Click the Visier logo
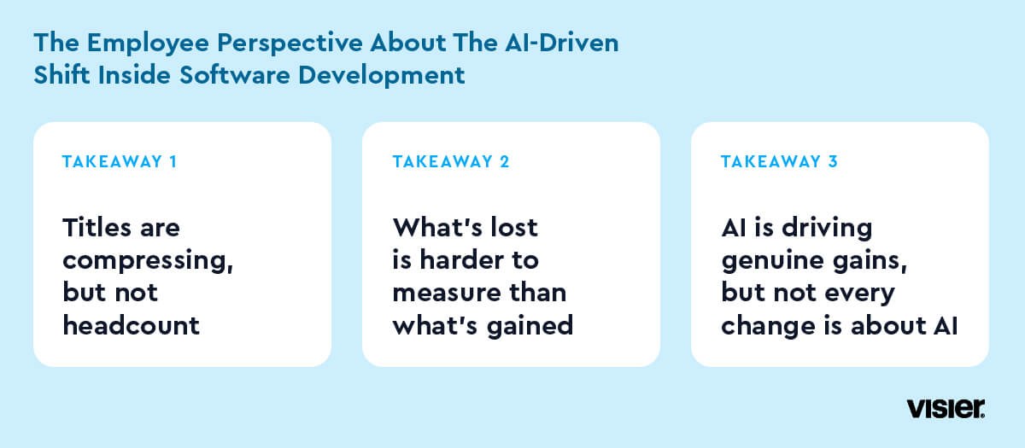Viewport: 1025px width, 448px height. [x=946, y=408]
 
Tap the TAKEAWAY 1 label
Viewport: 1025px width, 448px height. [x=120, y=162]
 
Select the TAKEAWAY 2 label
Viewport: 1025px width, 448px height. [x=451, y=162]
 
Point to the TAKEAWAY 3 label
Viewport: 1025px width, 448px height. [x=779, y=162]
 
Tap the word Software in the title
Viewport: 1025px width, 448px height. [x=234, y=75]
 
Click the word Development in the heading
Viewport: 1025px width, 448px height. [x=382, y=76]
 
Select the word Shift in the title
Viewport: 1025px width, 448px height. [x=61, y=75]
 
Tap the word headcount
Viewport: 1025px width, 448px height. [x=131, y=325]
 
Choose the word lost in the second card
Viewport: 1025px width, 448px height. [x=514, y=227]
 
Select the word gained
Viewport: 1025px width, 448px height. [x=530, y=326]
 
